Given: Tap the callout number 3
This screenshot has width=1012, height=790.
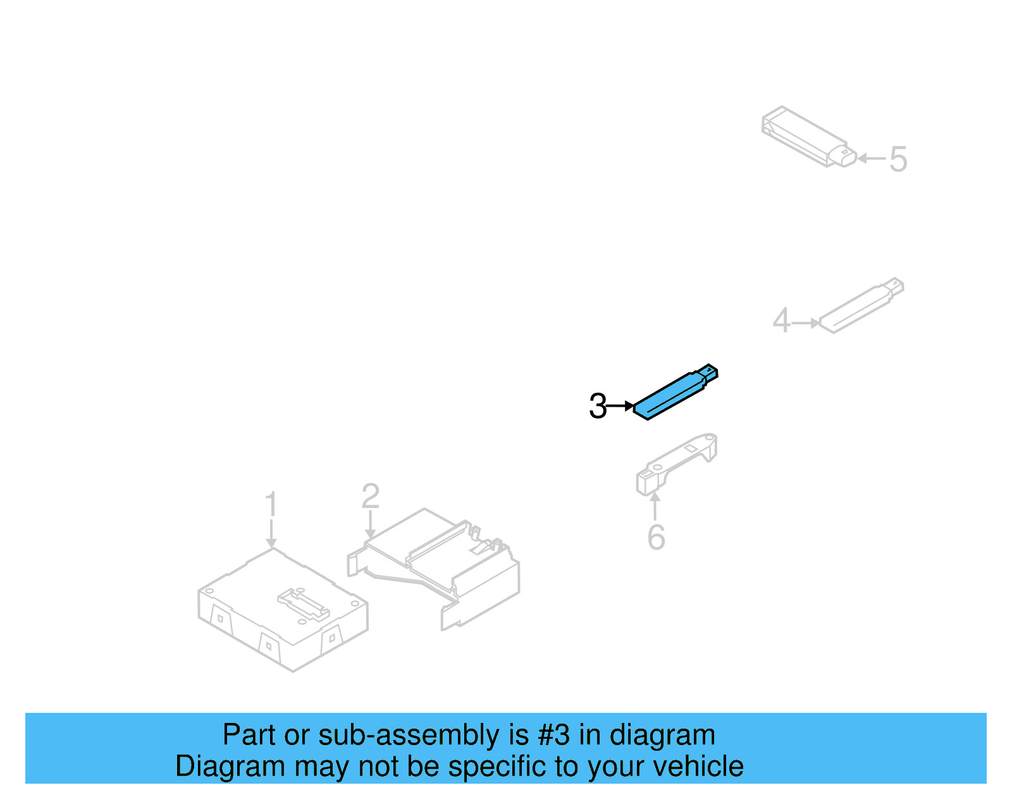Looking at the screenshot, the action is click(598, 406).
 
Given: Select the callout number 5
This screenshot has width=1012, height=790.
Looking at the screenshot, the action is click(898, 159).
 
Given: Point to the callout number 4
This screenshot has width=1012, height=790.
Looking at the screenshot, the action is click(781, 320).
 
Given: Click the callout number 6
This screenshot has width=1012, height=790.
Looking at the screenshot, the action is click(656, 537).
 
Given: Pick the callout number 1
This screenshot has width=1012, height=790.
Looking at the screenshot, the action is click(271, 503).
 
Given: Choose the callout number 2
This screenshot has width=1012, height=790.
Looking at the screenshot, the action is click(371, 497).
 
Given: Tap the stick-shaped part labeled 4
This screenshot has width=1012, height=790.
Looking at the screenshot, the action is click(861, 306).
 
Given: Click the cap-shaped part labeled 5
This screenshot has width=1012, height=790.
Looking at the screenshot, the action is click(809, 137).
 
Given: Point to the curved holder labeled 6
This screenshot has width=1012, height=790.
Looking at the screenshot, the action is click(677, 465).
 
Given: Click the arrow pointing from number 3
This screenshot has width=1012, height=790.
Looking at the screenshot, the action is click(620, 406).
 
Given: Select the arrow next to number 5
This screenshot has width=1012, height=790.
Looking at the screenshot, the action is click(872, 158).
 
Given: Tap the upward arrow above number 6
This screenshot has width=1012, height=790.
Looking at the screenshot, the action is click(655, 506).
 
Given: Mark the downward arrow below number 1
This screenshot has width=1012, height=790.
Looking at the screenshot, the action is click(271, 533).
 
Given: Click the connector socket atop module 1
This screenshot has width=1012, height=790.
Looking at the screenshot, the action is click(304, 605).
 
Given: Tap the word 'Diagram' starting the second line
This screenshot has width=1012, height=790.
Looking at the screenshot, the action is click(230, 767).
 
